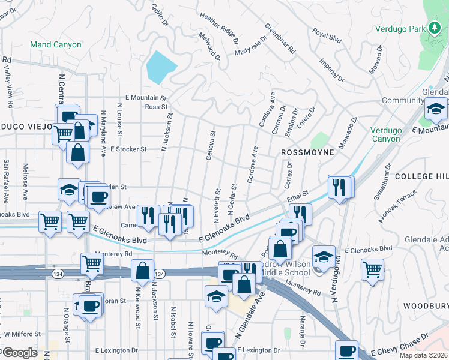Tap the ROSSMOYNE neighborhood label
pyautogui.click(x=307, y=153)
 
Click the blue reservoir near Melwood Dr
pyautogui.click(x=159, y=67)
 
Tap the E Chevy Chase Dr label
pyautogui.click(x=400, y=344)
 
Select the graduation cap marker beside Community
pyautogui.click(x=436, y=109)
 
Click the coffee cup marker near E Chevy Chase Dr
pyautogui.click(x=346, y=350)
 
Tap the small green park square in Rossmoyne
pyautogui.click(x=321, y=140)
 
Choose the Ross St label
pyautogui.click(x=156, y=107)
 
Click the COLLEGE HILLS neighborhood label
pyautogui.click(x=421, y=176)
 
